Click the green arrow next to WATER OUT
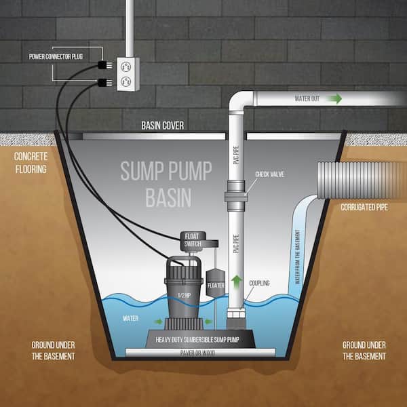(x=334, y=98)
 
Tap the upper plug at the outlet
(x=105, y=64)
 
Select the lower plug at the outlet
(x=105, y=83)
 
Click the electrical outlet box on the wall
(x=128, y=74)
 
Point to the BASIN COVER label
(x=163, y=125)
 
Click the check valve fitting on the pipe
(x=236, y=196)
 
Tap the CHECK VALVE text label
(x=270, y=174)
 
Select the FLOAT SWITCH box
(x=193, y=240)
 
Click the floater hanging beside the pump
(x=215, y=283)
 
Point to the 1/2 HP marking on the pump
(x=185, y=295)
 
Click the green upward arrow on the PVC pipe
(x=236, y=282)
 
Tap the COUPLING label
(x=259, y=283)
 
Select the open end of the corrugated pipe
(x=321, y=180)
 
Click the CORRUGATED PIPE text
(x=364, y=208)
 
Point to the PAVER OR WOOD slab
(x=200, y=353)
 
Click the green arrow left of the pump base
(x=158, y=322)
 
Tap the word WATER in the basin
(x=130, y=319)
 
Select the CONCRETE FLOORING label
(x=31, y=163)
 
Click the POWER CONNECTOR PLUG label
(x=56, y=56)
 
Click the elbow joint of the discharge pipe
(x=239, y=100)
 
